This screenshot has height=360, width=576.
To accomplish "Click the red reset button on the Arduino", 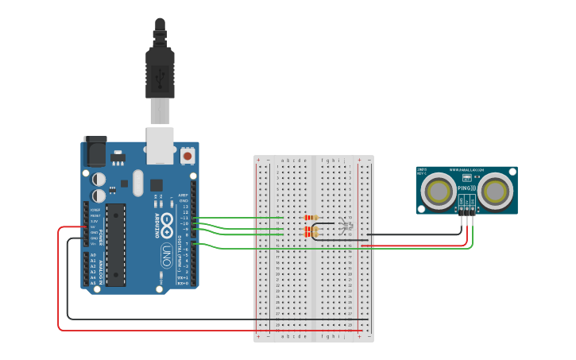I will pos(187,156).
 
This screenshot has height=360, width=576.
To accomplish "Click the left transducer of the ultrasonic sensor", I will pos(439,191).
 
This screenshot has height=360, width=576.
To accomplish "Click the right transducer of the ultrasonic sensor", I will pos(493,191).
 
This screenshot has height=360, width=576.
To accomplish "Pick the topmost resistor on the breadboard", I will pos(311,217).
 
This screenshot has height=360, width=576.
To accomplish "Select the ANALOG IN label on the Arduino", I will pos(101,271).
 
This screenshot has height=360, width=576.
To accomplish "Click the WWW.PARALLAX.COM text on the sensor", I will pos(466,170).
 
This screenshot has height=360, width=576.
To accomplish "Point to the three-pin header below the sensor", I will pos(467,210).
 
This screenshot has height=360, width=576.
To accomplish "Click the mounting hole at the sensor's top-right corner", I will pos(513,170).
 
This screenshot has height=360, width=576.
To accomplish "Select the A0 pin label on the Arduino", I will pos(94,255).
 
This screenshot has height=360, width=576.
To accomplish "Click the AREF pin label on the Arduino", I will pos(183,195).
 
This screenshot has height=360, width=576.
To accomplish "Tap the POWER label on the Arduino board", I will pos(101,224).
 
